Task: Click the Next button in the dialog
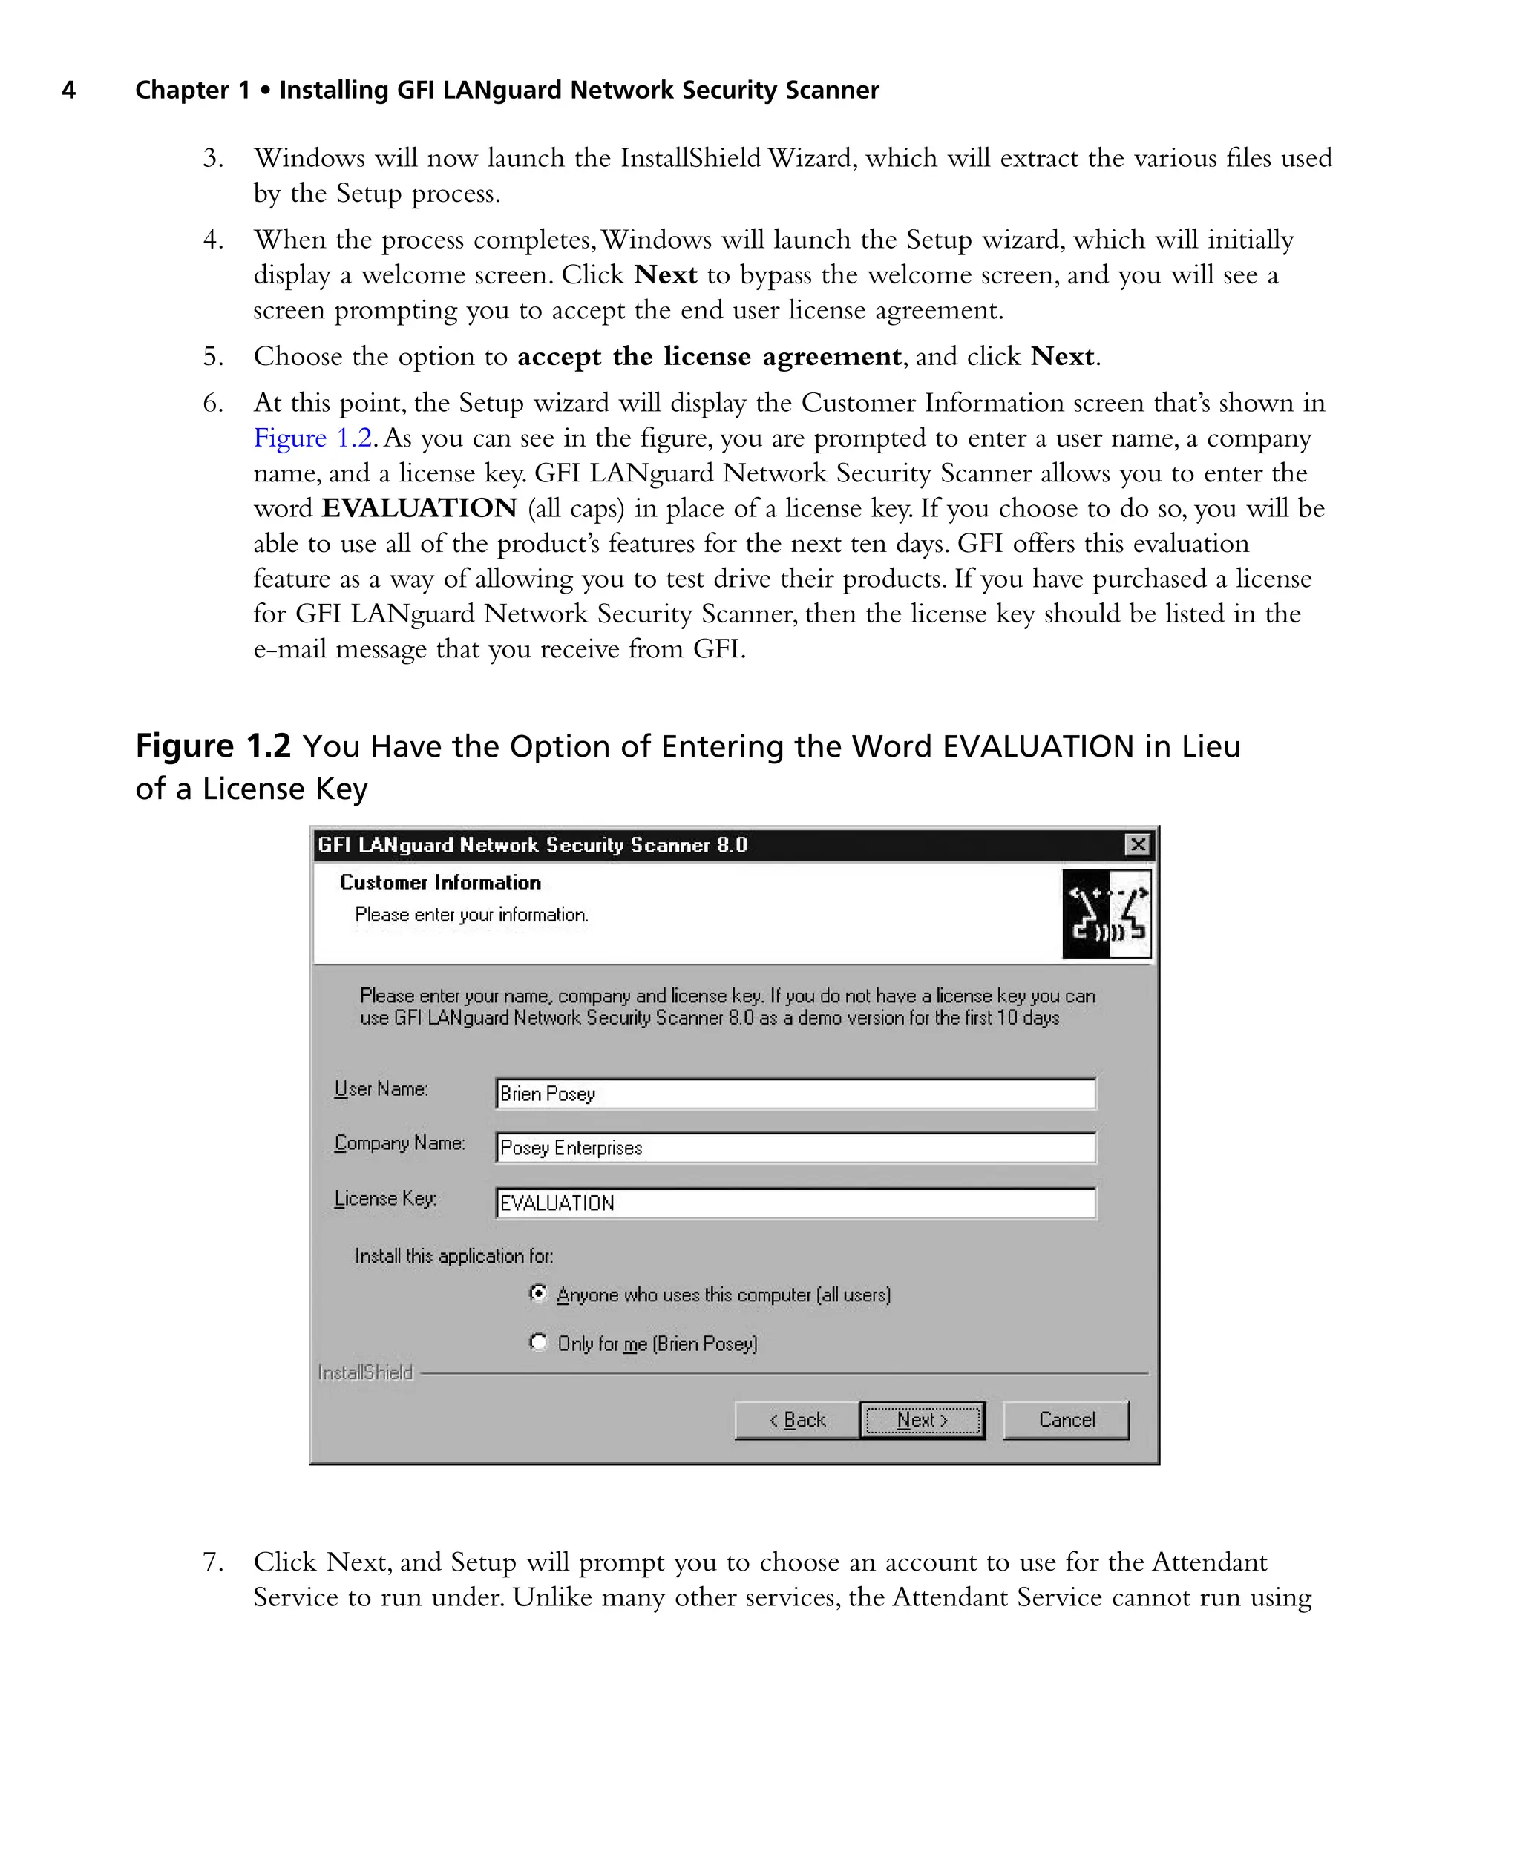tap(922, 1420)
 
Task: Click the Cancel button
tap(1066, 1420)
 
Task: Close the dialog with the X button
tap(1136, 845)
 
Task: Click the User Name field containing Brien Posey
tap(794, 1094)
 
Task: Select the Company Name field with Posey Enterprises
tap(794, 1148)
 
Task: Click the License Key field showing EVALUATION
tap(794, 1203)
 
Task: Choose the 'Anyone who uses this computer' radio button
tap(539, 1293)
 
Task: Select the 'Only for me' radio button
tap(539, 1342)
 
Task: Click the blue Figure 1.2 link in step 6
tap(313, 438)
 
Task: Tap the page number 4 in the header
tap(68, 91)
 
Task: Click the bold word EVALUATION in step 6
tap(419, 508)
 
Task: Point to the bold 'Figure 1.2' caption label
tap(213, 746)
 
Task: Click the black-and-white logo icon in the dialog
tap(1106, 913)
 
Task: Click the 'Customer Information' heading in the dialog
tap(439, 882)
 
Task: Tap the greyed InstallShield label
tap(365, 1372)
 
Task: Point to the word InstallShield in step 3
tap(691, 159)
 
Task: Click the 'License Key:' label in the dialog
tap(385, 1198)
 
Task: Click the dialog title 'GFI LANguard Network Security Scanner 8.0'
tap(532, 845)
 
